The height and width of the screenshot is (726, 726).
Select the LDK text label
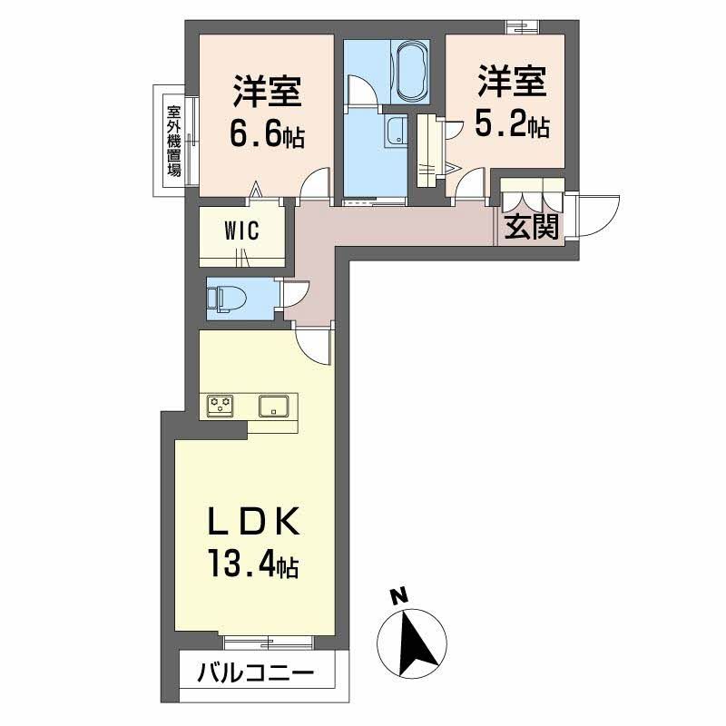coord(255,525)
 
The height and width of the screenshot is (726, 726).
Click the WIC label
coord(242,231)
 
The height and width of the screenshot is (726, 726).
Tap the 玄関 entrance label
coord(529,228)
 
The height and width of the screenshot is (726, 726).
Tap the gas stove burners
coord(221,406)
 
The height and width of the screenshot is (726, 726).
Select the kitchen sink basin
coord(273,406)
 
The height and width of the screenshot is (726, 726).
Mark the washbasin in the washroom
coord(395,131)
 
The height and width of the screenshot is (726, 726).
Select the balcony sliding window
coord(269,641)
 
